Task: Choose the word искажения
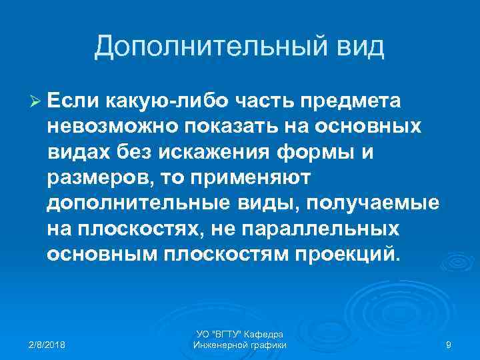point(207,153)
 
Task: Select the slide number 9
point(449,345)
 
